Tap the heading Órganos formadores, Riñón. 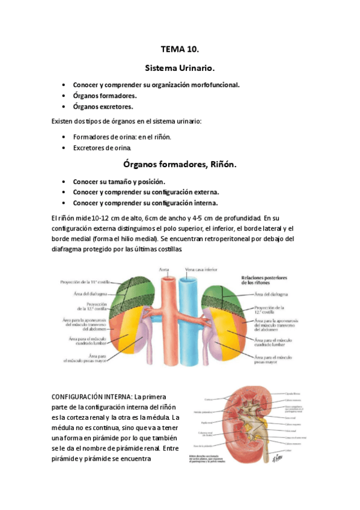180,164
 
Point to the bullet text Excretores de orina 102,147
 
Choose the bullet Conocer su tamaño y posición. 119,182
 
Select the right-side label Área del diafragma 271,294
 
